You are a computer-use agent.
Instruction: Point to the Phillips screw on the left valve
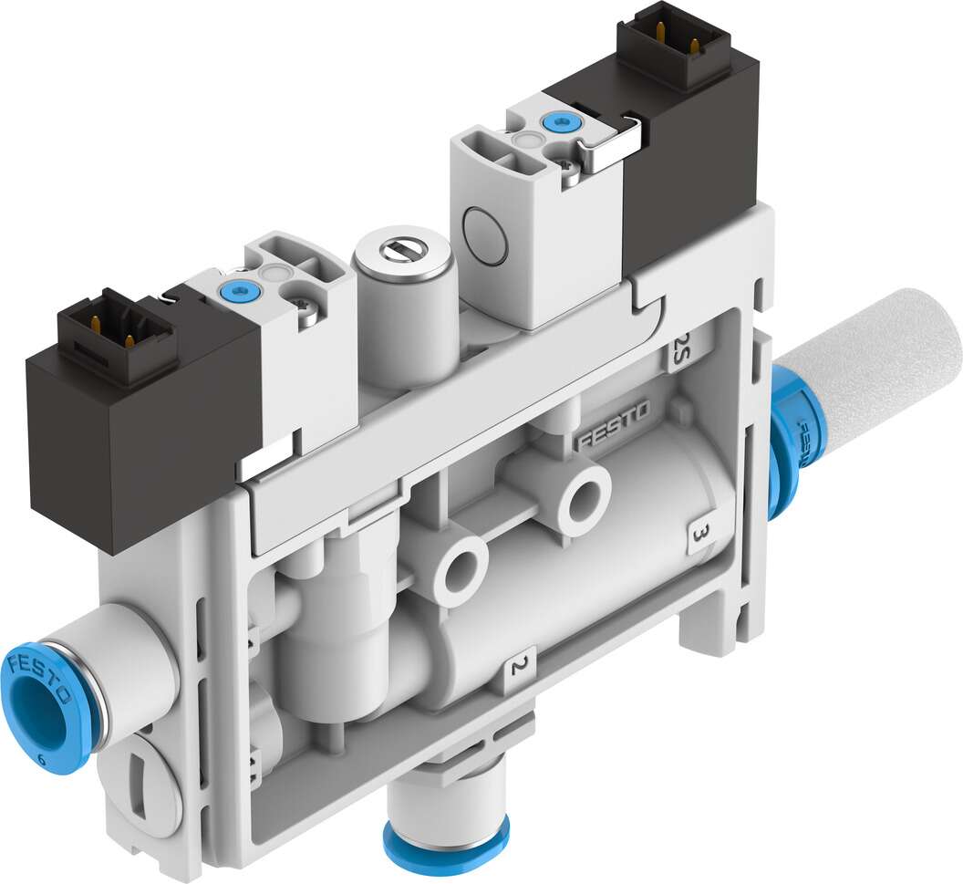point(306,313)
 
